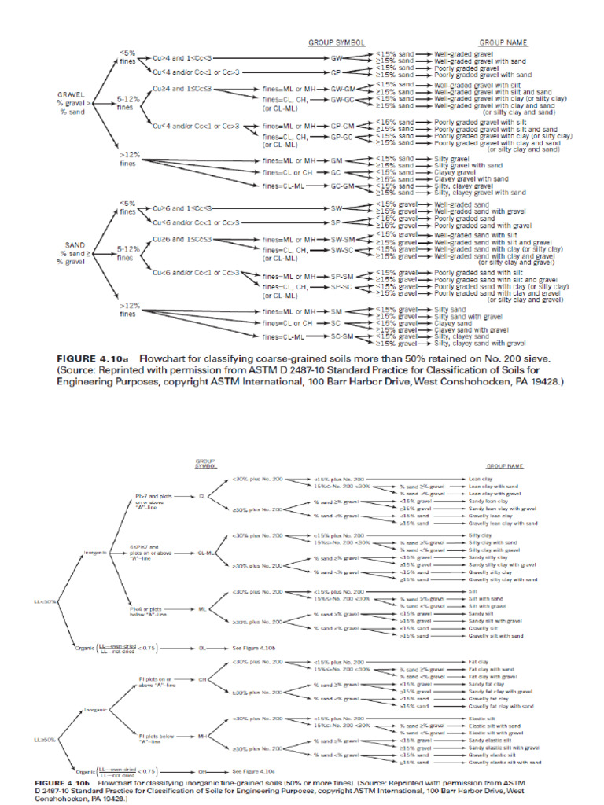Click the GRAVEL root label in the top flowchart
[x=72, y=94]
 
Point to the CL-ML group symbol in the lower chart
[x=203, y=553]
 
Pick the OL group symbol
[x=202, y=648]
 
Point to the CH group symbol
[x=202, y=678]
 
